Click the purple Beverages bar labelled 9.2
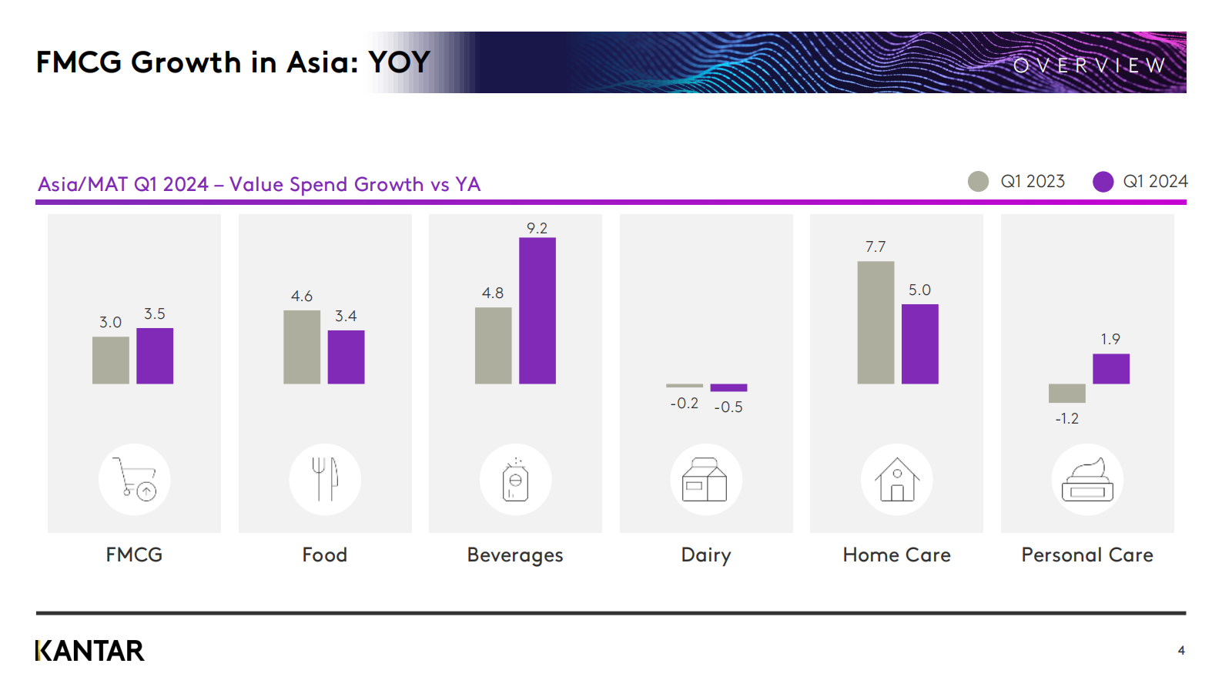(x=537, y=310)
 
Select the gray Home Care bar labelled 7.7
(x=875, y=323)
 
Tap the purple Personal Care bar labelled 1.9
(x=1110, y=369)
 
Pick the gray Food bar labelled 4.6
(x=302, y=347)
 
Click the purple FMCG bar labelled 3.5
(x=155, y=356)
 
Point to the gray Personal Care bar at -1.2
(x=1066, y=394)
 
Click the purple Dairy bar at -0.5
(x=728, y=387)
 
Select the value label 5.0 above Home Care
(x=919, y=290)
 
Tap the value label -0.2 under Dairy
(x=684, y=404)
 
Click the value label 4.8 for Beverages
(x=493, y=293)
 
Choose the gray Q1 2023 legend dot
(x=978, y=182)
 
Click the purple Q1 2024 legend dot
(x=1103, y=182)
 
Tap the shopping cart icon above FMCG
(x=135, y=479)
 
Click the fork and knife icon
(x=325, y=479)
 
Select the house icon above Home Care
(x=897, y=479)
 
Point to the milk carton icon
(x=705, y=479)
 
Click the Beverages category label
(x=515, y=555)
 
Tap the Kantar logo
(x=90, y=651)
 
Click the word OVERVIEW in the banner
(x=1090, y=65)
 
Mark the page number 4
(x=1181, y=651)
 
